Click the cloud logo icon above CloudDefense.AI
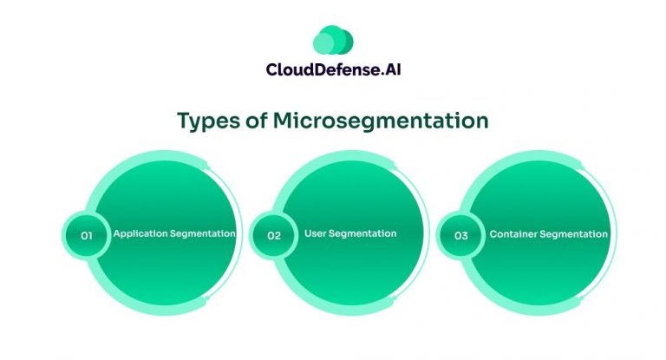coord(332,40)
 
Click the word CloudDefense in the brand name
coord(317,69)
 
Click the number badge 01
coord(87,235)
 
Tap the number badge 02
coord(274,235)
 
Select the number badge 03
coord(461,235)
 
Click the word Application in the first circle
coord(139,234)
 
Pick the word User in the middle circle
coord(315,233)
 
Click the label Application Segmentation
coord(173,234)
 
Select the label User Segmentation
coord(350,233)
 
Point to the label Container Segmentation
coord(548,234)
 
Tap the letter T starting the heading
coord(183,121)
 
